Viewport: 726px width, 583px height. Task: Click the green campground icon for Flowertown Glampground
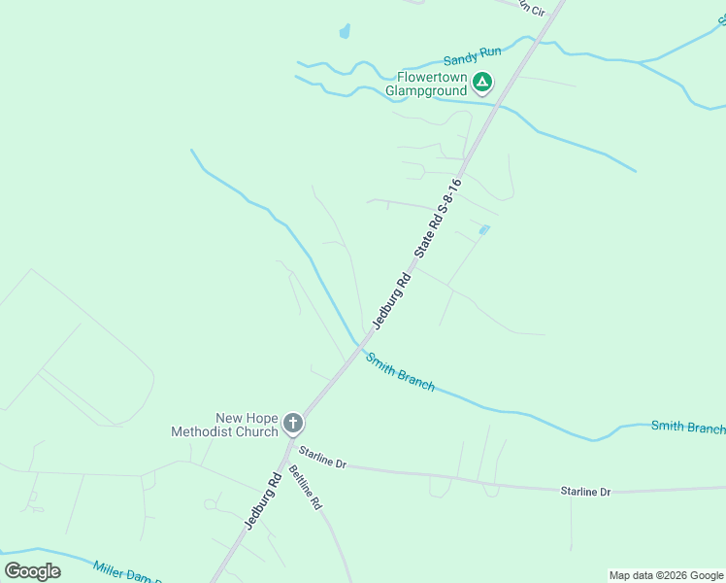click(x=483, y=82)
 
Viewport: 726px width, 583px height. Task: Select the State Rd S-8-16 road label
click(x=437, y=218)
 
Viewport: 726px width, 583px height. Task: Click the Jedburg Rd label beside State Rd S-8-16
click(x=393, y=300)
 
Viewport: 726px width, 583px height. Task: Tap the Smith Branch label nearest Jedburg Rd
click(x=400, y=370)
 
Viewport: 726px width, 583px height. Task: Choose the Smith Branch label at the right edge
click(x=687, y=427)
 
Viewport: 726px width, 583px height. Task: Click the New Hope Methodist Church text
click(x=225, y=424)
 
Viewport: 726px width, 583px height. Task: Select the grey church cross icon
click(x=293, y=424)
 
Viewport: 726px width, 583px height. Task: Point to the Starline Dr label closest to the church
click(x=322, y=457)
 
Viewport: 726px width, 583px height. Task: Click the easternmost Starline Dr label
click(x=585, y=492)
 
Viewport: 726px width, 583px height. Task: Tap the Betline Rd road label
click(x=305, y=489)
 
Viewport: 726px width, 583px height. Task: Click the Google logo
click(x=32, y=570)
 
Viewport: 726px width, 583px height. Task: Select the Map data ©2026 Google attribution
click(x=666, y=575)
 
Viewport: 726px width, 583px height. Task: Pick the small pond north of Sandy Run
click(x=345, y=32)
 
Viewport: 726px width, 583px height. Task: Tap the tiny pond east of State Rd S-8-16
click(x=483, y=230)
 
